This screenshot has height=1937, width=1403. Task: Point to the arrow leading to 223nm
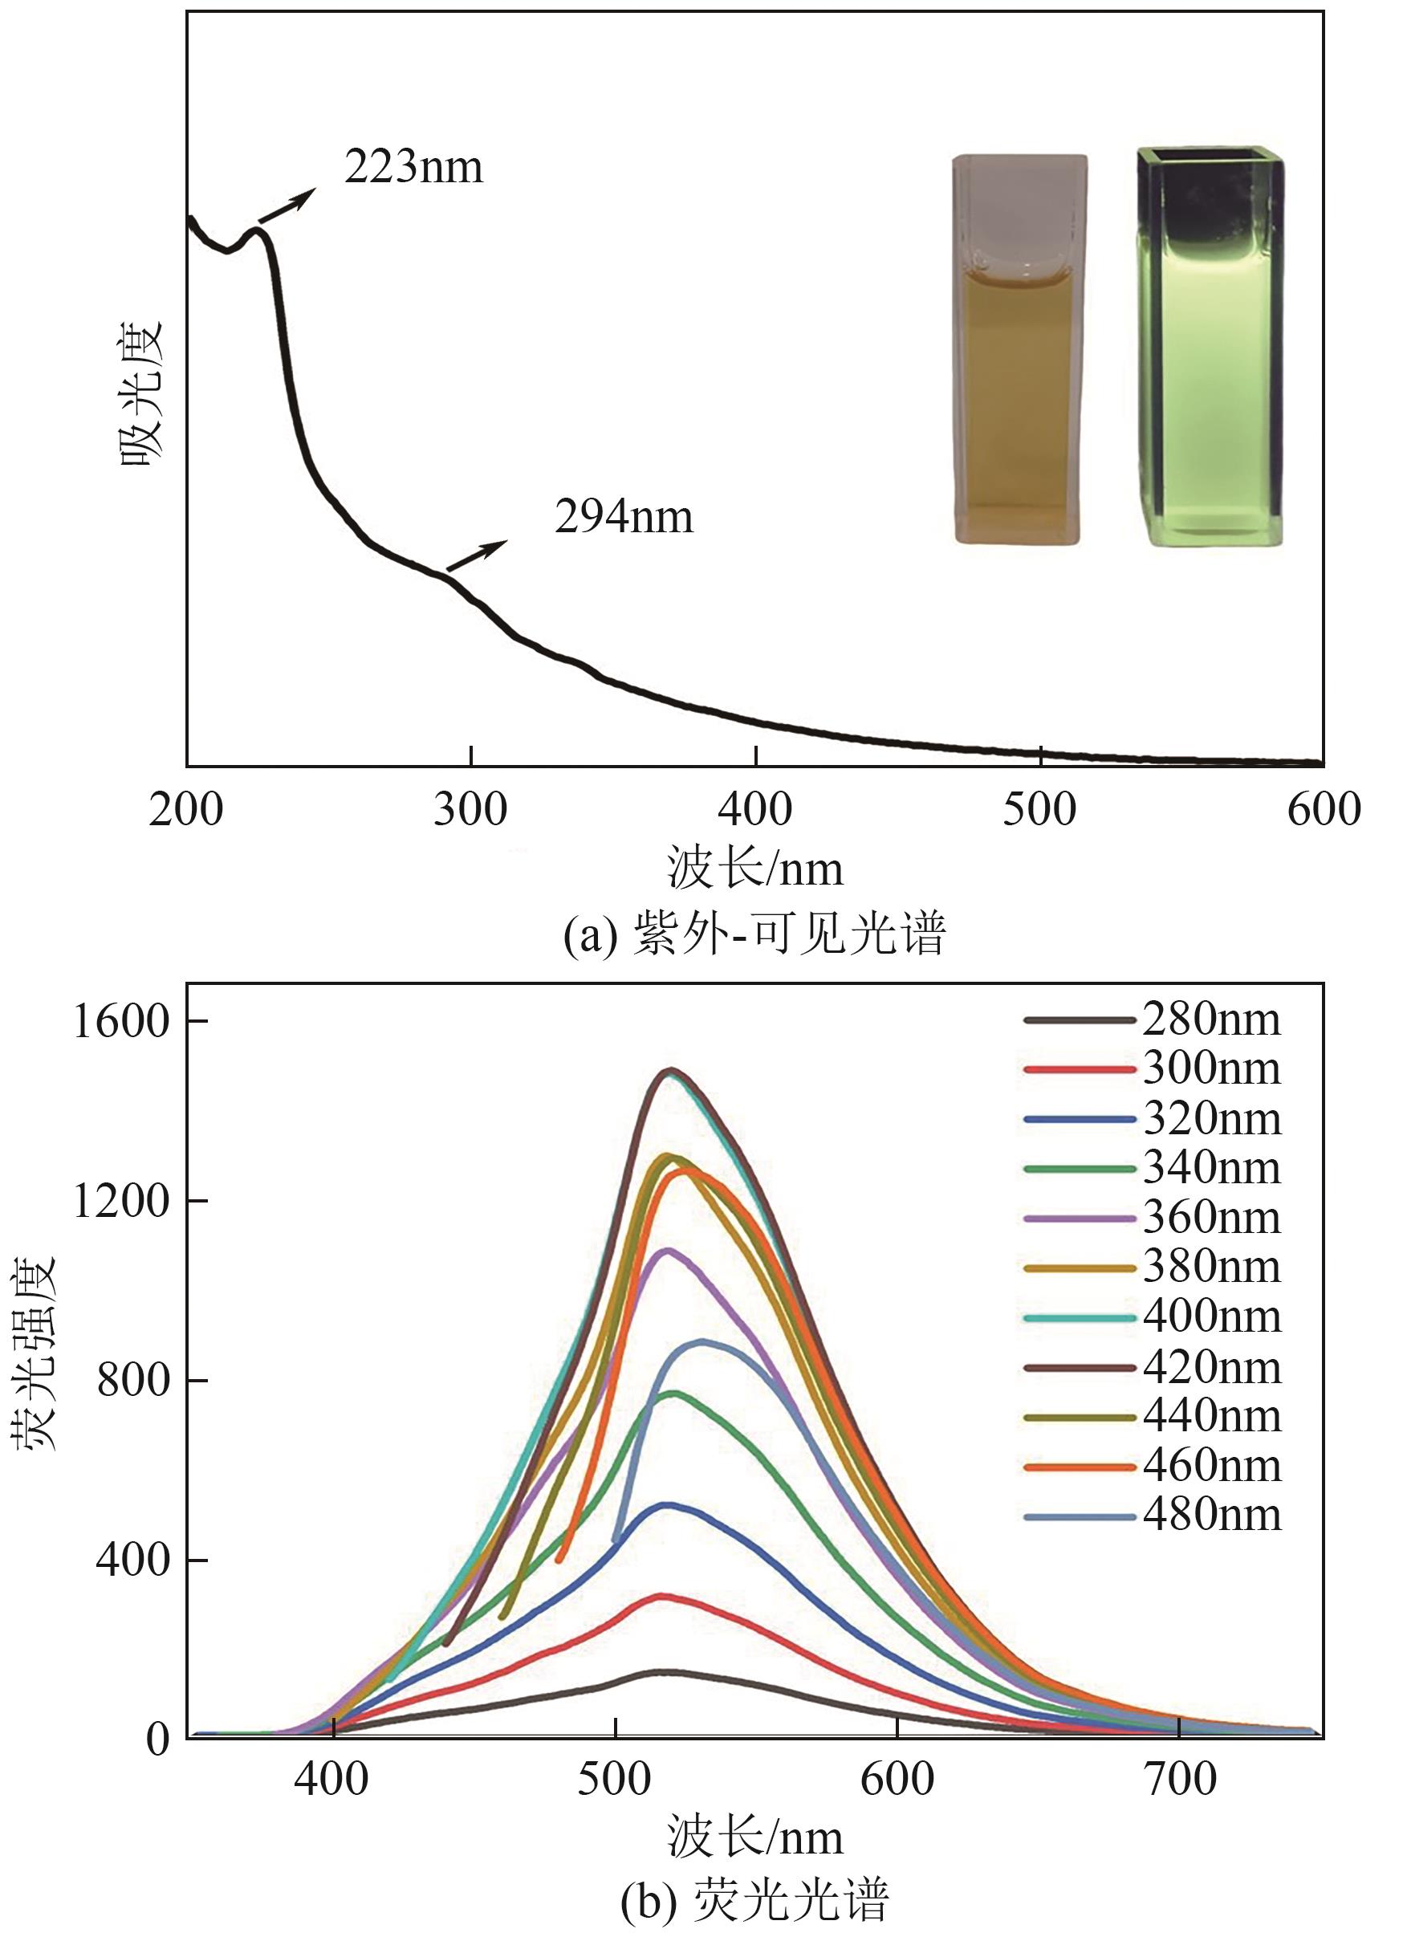(x=286, y=206)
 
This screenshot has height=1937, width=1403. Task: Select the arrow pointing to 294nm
(x=477, y=557)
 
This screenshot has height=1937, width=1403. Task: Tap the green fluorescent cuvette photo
(x=1211, y=346)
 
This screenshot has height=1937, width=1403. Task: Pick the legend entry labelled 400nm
(x=1153, y=1318)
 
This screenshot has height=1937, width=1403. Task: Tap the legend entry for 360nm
(x=1153, y=1219)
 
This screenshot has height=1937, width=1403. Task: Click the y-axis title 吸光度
(x=142, y=393)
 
